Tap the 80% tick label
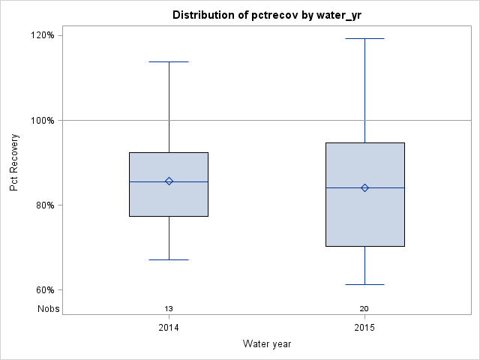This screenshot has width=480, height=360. (x=44, y=205)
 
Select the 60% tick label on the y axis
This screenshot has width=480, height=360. (x=44, y=290)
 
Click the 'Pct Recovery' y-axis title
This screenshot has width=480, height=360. (x=14, y=163)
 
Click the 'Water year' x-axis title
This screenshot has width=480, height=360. (x=267, y=344)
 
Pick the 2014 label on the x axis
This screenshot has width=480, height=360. (x=169, y=328)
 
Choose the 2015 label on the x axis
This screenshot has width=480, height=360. (x=364, y=328)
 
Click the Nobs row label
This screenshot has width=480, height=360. (x=49, y=308)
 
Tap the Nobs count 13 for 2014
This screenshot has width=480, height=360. (x=169, y=308)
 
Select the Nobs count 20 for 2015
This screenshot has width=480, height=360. (x=364, y=308)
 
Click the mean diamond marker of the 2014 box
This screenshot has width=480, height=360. (x=169, y=181)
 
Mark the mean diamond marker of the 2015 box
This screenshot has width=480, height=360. (x=364, y=187)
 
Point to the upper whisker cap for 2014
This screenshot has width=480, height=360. (x=169, y=61)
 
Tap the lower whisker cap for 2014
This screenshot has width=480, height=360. (x=169, y=259)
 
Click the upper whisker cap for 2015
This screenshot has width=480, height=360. (x=364, y=38)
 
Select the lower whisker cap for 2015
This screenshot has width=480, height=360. (x=364, y=284)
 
